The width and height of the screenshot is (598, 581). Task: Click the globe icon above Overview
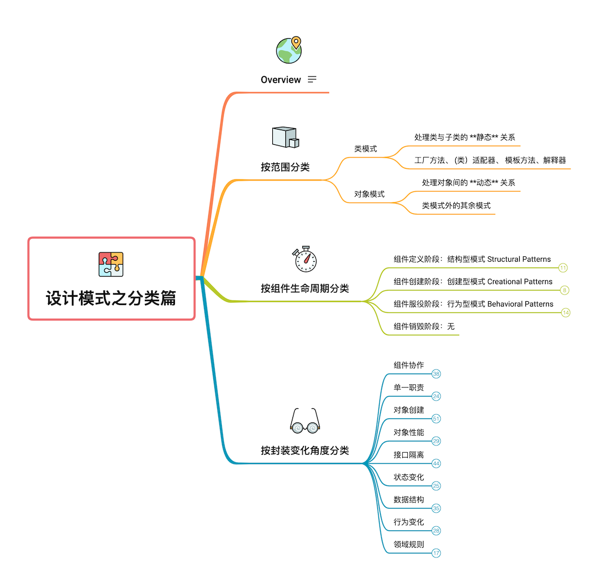click(289, 50)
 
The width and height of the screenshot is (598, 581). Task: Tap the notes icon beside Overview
click(312, 79)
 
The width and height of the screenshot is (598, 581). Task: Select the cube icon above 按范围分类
click(285, 137)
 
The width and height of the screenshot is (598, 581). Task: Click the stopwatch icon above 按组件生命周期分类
click(305, 259)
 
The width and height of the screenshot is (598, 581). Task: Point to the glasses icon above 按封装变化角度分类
click(304, 421)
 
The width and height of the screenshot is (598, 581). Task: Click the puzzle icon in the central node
click(111, 264)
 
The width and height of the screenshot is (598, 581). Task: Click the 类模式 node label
click(366, 149)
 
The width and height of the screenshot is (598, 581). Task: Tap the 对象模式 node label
click(370, 194)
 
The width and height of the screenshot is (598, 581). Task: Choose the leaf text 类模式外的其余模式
click(456, 206)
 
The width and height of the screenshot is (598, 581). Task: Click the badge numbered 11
click(563, 268)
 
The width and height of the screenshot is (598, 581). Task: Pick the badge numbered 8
click(565, 290)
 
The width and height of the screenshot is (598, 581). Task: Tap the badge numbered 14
click(565, 313)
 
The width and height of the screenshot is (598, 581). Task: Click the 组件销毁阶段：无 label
click(424, 327)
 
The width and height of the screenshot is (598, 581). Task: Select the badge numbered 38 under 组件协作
click(436, 374)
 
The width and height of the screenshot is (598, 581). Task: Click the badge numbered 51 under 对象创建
click(436, 419)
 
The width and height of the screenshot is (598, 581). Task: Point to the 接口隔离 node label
click(409, 455)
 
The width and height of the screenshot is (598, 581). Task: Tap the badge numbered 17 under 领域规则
click(436, 553)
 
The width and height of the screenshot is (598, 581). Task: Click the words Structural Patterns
click(519, 259)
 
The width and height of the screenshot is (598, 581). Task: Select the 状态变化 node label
click(409, 477)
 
